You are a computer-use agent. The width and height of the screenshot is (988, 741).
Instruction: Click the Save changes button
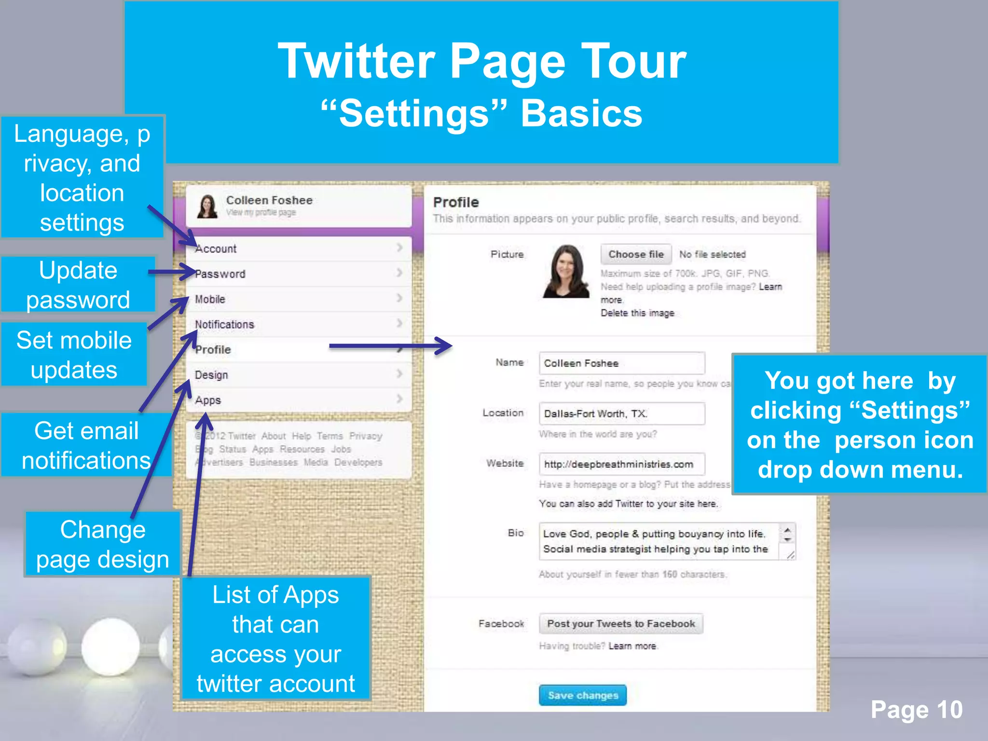(582, 695)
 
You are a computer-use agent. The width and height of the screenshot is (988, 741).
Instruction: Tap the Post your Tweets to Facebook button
(621, 623)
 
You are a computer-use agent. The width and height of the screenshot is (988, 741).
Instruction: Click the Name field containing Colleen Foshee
(621, 363)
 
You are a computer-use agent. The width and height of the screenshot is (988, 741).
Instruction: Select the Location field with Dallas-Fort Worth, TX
(621, 413)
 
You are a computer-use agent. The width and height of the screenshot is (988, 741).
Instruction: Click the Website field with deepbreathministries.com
(621, 464)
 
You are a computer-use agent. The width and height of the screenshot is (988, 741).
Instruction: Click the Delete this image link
(637, 313)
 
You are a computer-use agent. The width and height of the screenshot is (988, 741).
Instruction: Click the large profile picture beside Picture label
(566, 272)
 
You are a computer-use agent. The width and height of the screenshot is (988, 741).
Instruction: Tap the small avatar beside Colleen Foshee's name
(207, 206)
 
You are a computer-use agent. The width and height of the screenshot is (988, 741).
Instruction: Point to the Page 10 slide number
(916, 710)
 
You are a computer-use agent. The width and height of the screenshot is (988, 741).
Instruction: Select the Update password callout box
(78, 285)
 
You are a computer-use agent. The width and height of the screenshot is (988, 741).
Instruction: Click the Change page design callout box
(103, 544)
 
